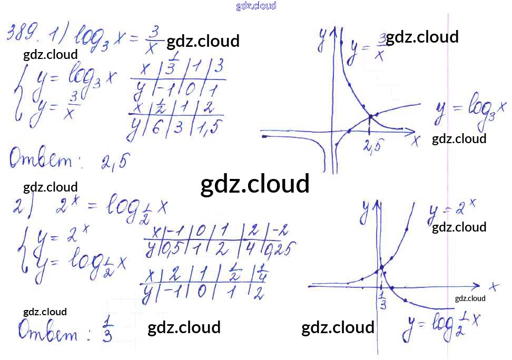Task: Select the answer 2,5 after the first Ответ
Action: point(114,162)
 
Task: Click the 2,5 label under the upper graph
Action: point(371,148)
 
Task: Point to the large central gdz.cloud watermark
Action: point(255,185)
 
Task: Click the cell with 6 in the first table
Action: point(156,128)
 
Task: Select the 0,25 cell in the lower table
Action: point(282,247)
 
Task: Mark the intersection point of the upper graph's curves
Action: point(370,116)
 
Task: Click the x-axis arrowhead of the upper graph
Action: point(411,131)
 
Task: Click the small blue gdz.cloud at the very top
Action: point(256,6)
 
